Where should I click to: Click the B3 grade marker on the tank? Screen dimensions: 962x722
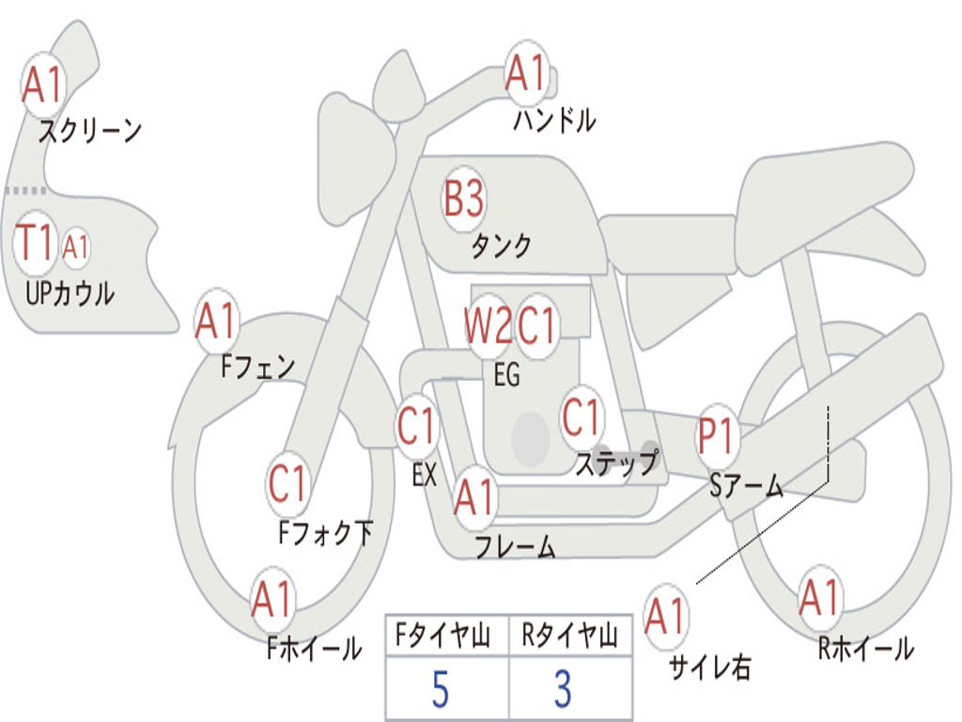point(464,198)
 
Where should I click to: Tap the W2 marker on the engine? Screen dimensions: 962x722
point(488,324)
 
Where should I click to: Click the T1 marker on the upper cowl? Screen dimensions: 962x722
point(35,242)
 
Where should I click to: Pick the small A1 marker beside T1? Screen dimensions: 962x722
point(75,248)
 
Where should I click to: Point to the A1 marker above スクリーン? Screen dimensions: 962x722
point(42,84)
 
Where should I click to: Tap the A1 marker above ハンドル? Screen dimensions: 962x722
point(526,73)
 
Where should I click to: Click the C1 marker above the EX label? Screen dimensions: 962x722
point(416,426)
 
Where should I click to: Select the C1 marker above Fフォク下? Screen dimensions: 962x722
point(287,483)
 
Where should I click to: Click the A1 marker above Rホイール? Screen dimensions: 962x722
point(819,598)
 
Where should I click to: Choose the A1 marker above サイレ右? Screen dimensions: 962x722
point(665,616)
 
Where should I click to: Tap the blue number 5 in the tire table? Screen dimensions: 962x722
point(441,689)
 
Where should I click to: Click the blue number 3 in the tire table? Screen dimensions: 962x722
point(564,689)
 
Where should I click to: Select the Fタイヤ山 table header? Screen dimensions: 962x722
point(443,636)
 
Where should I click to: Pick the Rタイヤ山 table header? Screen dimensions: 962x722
point(569,636)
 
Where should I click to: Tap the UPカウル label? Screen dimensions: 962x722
point(70,293)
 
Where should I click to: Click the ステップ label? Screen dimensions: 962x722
point(616,463)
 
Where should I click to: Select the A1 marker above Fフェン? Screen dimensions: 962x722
point(216,322)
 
